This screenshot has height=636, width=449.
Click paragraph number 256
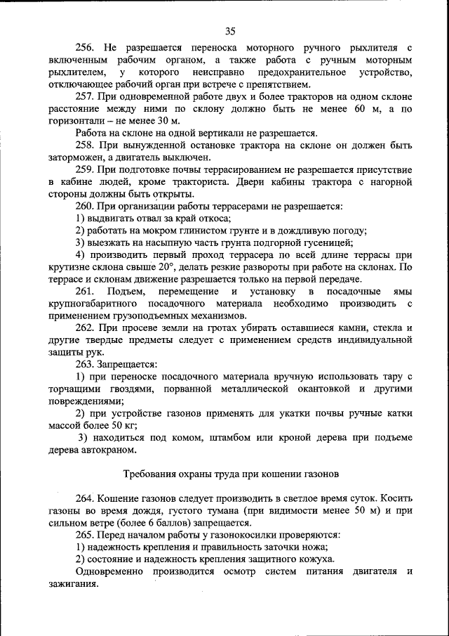pos(85,48)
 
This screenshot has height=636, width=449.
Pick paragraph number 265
pos(85,534)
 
